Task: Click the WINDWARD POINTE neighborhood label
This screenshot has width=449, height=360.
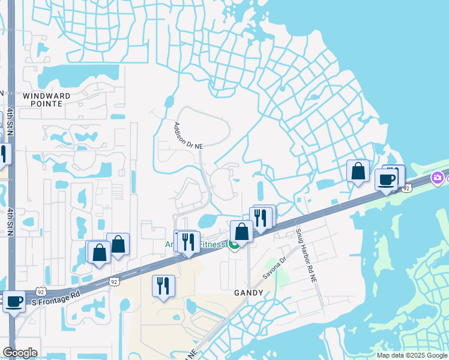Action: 46,100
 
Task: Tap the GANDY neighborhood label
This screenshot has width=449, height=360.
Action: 249,293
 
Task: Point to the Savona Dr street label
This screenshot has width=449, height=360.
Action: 275,269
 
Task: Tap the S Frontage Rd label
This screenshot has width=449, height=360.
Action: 56,295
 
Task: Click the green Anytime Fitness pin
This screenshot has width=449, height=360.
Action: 234,245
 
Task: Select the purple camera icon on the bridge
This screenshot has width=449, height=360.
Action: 437,178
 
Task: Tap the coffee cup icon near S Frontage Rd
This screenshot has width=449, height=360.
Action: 14,302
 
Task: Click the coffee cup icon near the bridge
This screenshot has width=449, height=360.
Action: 386,179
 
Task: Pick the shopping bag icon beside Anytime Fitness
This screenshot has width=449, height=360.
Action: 241,232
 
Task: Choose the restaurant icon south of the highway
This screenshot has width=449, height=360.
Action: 163,286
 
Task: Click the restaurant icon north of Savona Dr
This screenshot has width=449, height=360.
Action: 261,218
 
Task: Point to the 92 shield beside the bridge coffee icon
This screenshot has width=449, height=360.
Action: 406,188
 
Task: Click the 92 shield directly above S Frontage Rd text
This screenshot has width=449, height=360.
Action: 114,281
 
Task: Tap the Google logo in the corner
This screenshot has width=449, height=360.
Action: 20,353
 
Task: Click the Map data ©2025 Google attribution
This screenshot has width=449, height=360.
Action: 411,355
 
